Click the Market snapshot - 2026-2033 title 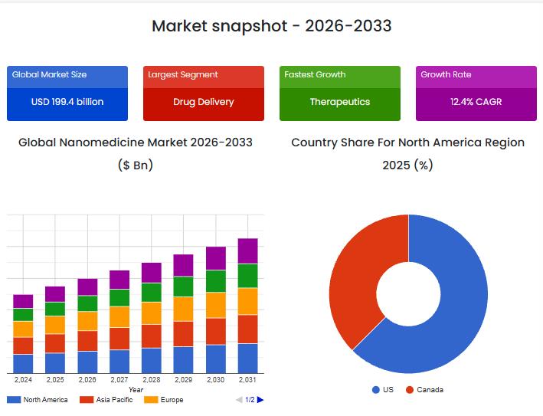tap(271, 26)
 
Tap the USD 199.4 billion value tap(67, 102)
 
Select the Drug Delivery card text tap(204, 102)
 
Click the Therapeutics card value tap(340, 102)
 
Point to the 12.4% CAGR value tap(476, 102)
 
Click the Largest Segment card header tap(183, 75)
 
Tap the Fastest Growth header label tap(315, 75)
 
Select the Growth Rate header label tap(446, 75)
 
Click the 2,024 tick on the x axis tap(23, 380)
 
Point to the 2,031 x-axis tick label tap(247, 380)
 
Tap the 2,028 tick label tap(152, 380)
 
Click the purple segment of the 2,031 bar tap(247, 251)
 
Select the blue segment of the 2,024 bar tap(23, 364)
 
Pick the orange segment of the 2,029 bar tap(183, 309)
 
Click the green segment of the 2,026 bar tap(87, 303)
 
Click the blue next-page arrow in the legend tap(260, 400)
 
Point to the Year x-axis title tap(136, 390)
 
